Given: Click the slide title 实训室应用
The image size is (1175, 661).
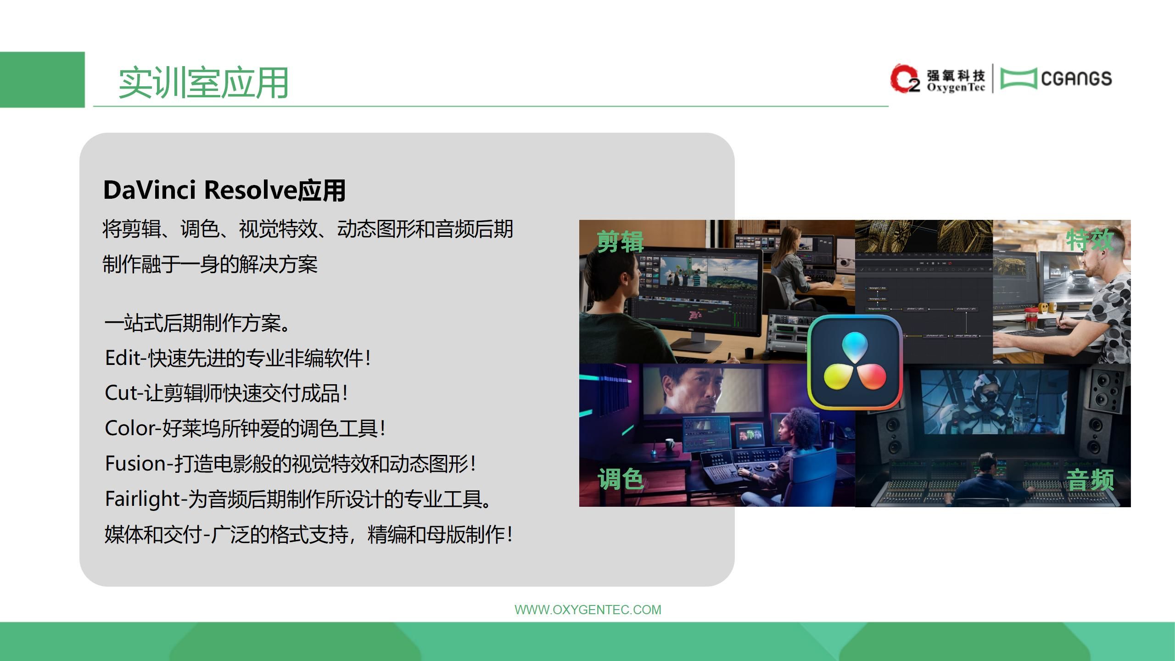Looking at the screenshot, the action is [203, 83].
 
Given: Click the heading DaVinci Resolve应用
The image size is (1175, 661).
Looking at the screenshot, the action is [224, 190].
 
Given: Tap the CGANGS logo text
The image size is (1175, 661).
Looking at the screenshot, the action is [1076, 78].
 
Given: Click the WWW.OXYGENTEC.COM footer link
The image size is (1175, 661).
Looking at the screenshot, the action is [588, 610].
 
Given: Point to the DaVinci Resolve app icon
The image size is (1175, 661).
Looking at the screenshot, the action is [855, 362].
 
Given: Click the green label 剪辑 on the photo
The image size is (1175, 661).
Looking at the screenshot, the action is [620, 241].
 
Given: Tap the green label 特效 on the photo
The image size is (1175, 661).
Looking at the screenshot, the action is [1090, 239].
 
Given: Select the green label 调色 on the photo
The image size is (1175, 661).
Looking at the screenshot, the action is [620, 479].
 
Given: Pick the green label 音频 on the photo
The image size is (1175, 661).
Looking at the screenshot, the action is [1090, 480].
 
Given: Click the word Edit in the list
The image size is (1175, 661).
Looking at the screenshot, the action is [123, 358].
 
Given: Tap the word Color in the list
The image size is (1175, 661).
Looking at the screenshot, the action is [131, 428].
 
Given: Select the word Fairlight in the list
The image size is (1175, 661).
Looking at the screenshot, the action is [143, 499].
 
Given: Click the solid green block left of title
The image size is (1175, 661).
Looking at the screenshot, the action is [42, 79].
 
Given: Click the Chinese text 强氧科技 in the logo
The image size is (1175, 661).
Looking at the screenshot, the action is [956, 75].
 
